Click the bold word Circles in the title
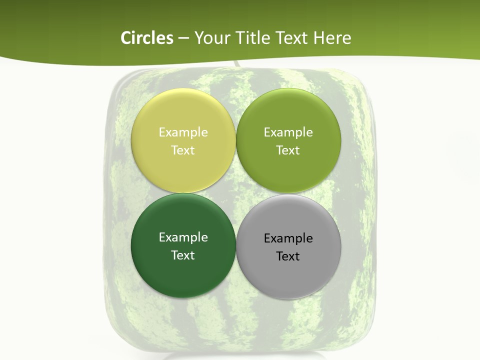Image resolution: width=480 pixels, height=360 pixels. pyautogui.click(x=147, y=38)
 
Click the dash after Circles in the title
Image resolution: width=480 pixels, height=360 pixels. pyautogui.click(x=183, y=38)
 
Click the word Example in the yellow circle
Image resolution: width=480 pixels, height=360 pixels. pyautogui.click(x=183, y=132)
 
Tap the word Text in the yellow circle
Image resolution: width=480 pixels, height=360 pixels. pyautogui.click(x=183, y=150)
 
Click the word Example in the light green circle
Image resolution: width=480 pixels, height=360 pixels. pyautogui.click(x=288, y=132)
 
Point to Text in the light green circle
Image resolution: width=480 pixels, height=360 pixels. pyautogui.click(x=288, y=150)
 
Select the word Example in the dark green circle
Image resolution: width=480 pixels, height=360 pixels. pyautogui.click(x=183, y=237)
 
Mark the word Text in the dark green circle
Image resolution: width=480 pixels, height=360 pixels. pyautogui.click(x=183, y=255)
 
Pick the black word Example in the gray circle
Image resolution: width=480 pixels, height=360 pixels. pyautogui.click(x=288, y=238)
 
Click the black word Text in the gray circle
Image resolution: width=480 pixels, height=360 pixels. pyautogui.click(x=288, y=256)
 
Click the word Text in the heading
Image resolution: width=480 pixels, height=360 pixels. pyautogui.click(x=291, y=38)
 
